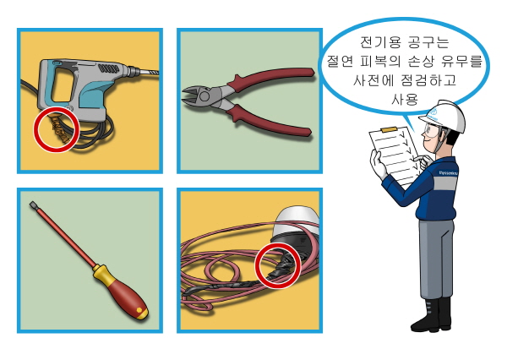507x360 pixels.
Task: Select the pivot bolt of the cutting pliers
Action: click(204, 96)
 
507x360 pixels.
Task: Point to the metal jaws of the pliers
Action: click(194, 95)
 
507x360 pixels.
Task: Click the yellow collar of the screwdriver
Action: click(99, 272)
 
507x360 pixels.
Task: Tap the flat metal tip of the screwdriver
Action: click(34, 205)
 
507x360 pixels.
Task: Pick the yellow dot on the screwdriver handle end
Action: click(139, 310)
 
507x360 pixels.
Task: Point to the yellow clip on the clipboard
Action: click(390, 129)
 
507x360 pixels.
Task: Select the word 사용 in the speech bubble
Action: click(405, 100)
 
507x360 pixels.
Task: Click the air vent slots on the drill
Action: click(108, 68)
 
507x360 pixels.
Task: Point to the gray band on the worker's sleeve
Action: click(445, 183)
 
